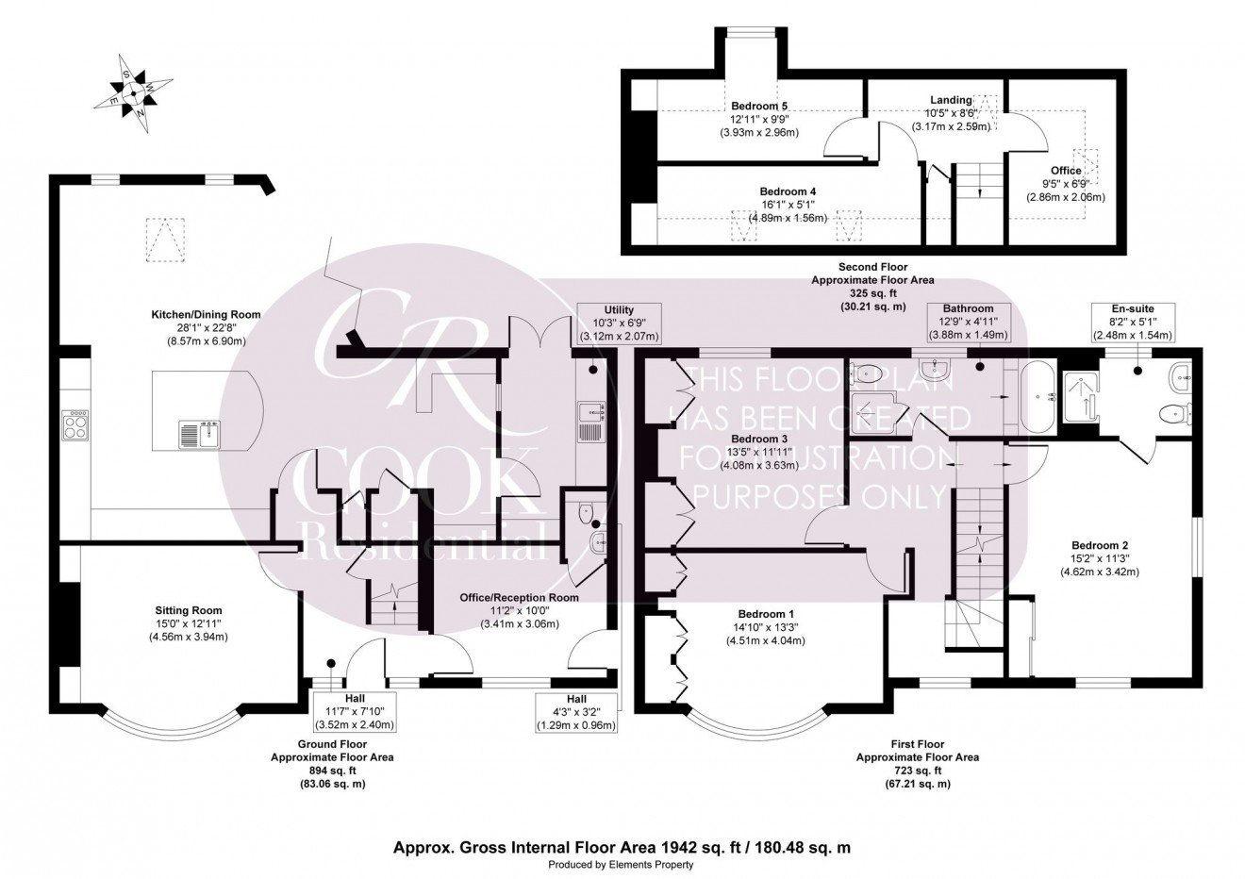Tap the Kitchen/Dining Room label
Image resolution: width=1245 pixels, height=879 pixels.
click(206, 315)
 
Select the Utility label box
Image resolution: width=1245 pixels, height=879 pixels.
click(619, 323)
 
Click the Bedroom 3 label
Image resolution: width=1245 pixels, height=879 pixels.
click(759, 439)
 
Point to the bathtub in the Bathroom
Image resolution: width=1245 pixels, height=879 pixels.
click(1034, 399)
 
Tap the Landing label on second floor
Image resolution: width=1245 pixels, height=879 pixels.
click(951, 101)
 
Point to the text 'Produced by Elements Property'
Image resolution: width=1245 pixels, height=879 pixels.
click(622, 864)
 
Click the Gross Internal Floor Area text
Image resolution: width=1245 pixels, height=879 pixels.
click(622, 847)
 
